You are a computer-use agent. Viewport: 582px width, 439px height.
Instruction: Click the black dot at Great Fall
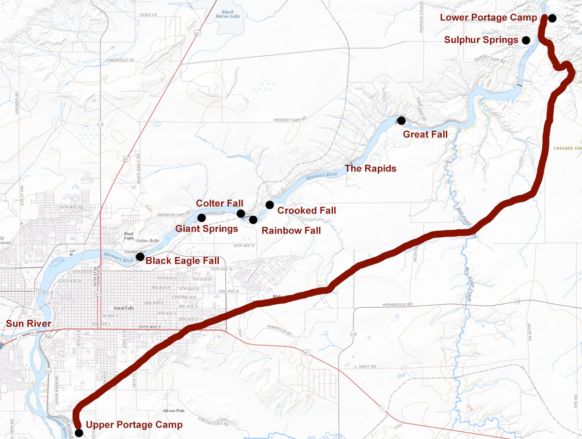point(401,120)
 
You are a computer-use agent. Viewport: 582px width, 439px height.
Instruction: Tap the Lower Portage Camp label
point(488,18)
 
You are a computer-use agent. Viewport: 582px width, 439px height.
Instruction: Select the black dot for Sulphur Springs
point(526,40)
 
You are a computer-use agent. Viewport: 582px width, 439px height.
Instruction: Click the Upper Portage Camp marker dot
point(79,432)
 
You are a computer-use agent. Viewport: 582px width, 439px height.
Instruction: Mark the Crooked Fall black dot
point(270,204)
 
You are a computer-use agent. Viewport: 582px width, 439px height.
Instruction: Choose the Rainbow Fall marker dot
point(253,219)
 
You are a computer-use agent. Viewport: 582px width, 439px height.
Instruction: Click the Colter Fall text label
point(220,203)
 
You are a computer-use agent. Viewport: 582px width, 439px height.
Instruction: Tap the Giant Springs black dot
point(201,218)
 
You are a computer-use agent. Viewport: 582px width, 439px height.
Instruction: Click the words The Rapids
point(371,169)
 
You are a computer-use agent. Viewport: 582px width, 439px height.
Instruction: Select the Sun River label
point(28,324)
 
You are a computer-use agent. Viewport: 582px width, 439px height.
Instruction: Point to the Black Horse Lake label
point(227,14)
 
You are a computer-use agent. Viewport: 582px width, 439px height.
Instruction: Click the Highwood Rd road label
point(396,304)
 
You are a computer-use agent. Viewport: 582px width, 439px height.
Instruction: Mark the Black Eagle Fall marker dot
point(140,256)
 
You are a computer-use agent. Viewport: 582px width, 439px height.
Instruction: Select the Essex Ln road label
point(148,15)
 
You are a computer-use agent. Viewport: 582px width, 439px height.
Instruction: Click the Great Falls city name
point(123,308)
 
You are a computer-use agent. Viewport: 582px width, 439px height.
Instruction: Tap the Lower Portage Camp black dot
point(552,18)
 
